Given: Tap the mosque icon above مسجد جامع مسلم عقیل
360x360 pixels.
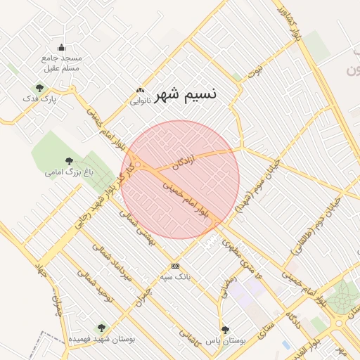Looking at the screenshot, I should tap(61, 48).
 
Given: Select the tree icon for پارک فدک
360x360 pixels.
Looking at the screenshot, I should tap(39, 88).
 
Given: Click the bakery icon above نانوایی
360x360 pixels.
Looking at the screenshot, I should tap(140, 91).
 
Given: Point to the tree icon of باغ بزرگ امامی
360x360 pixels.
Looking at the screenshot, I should tap(68, 161).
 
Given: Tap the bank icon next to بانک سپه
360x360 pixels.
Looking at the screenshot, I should tap(175, 266).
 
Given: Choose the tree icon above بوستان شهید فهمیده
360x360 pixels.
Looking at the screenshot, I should tap(102, 327).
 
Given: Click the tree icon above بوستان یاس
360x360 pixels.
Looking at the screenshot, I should tap(225, 329).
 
